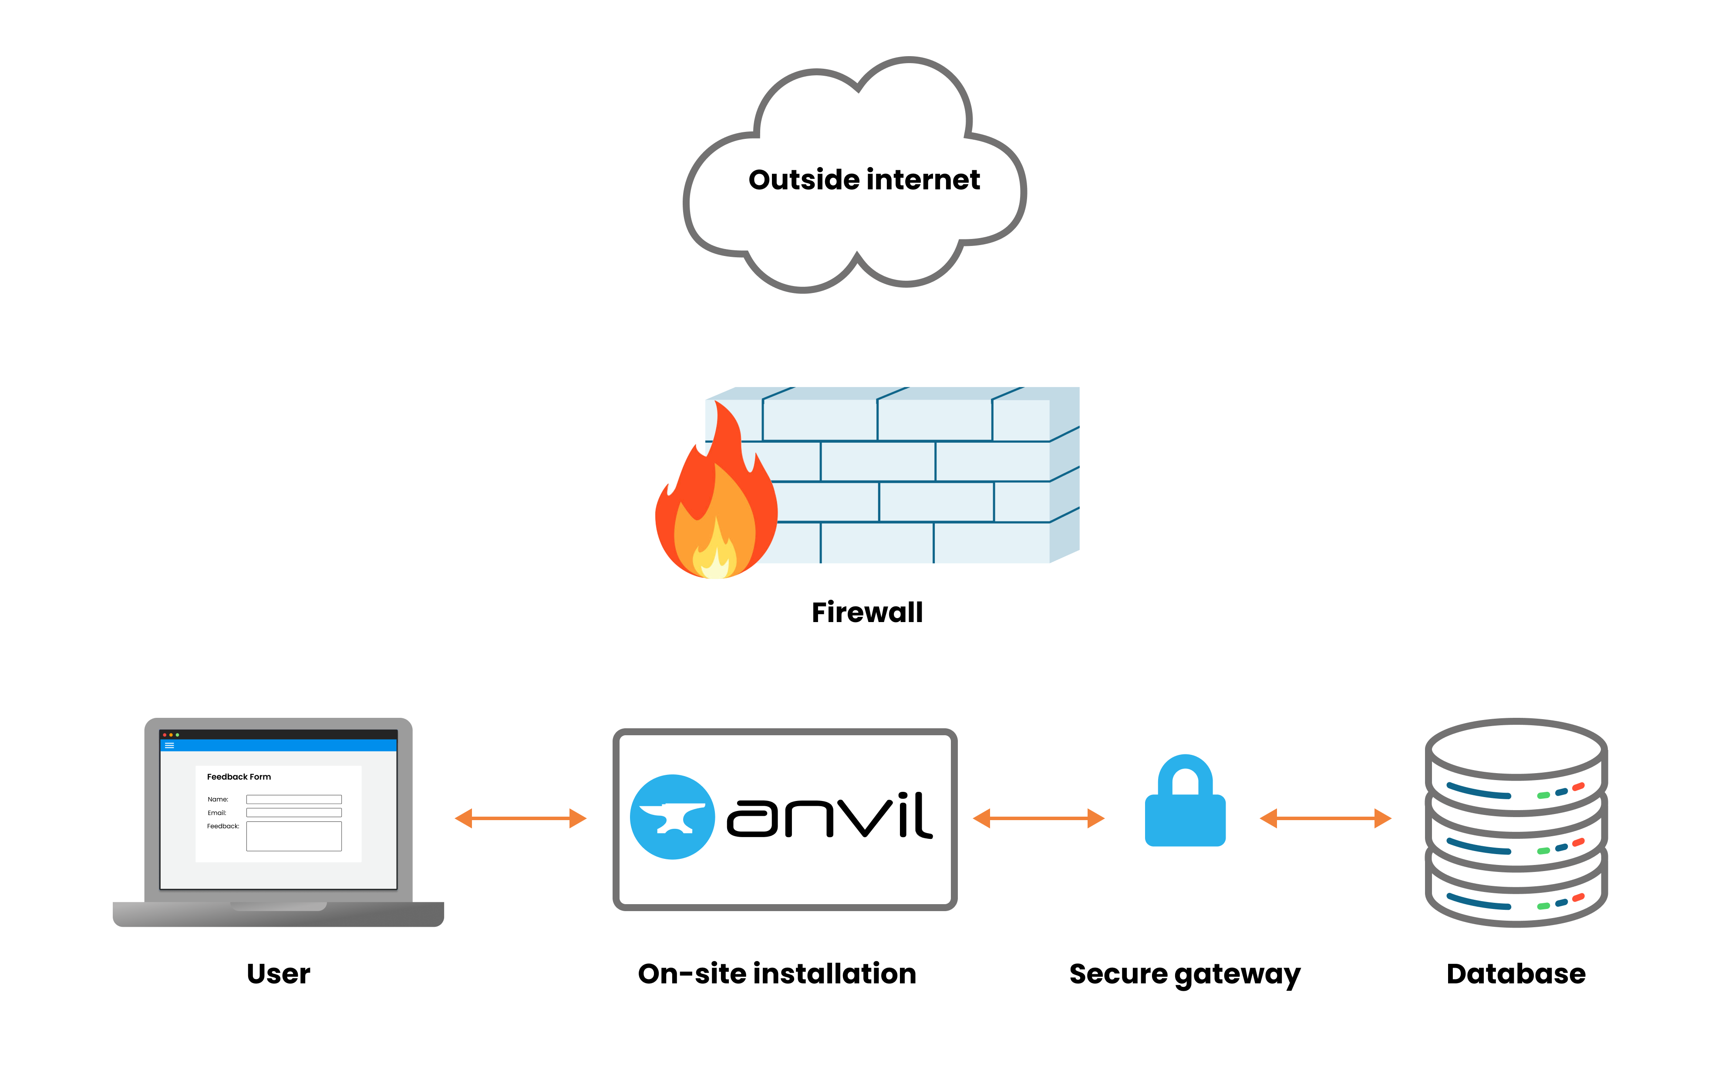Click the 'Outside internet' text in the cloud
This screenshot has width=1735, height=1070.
coord(864,180)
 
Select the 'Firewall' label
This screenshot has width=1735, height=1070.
coord(867,612)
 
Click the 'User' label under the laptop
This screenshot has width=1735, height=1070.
coord(278,974)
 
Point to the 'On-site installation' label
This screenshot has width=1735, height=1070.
coord(777,974)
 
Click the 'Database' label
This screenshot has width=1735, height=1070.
coord(1516,974)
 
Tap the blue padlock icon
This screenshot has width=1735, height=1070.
coord(1185,803)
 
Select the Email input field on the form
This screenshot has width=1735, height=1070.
coord(293,812)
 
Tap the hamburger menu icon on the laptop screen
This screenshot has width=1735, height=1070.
coord(169,745)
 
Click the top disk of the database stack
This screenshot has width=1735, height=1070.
coord(1516,749)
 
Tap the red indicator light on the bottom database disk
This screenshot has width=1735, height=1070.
coord(1578,898)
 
